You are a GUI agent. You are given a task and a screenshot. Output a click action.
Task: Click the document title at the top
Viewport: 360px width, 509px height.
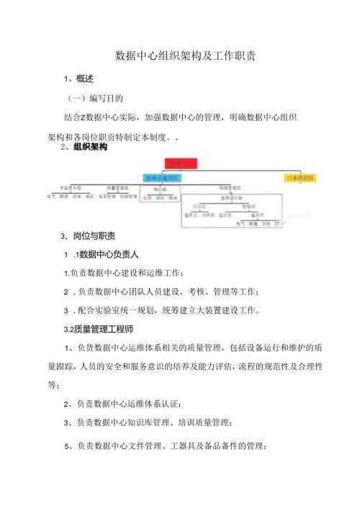pyautogui.click(x=179, y=55)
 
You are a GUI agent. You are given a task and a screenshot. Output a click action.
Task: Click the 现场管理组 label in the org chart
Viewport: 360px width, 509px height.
pyautogui.click(x=230, y=186)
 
